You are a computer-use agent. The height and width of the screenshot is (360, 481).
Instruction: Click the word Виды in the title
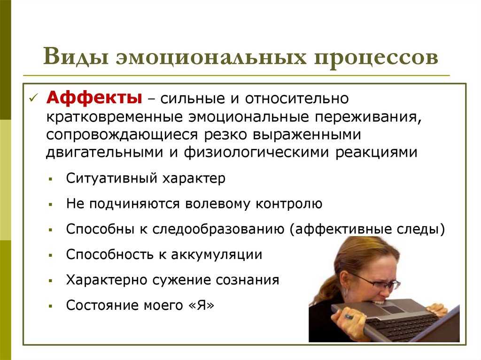76,56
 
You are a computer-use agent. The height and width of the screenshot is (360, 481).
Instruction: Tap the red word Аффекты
94,98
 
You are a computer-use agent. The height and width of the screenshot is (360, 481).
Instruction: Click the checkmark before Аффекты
33,98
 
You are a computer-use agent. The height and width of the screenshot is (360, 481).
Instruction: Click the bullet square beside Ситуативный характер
51,178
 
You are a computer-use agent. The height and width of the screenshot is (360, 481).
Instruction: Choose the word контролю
289,204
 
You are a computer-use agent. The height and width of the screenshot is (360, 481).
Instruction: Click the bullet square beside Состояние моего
51,306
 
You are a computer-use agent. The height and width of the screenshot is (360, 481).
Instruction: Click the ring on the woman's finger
349,317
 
